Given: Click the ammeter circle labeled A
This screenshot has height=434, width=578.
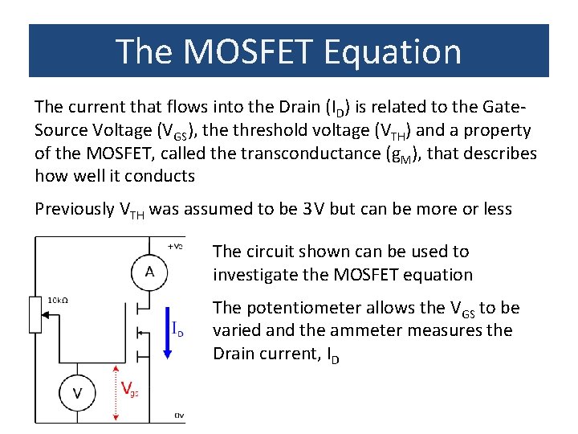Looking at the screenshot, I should (x=149, y=271).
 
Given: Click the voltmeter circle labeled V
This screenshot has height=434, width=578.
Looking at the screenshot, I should (x=78, y=392).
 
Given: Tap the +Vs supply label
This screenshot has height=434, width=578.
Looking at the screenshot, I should (x=174, y=245).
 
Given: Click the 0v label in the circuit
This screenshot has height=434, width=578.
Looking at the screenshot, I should (x=180, y=415).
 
